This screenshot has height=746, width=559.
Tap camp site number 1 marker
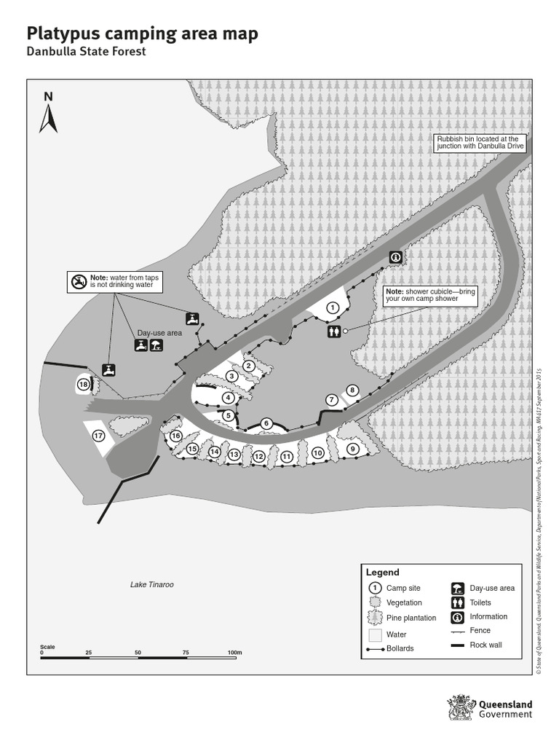point(333,308)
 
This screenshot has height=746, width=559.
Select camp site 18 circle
point(83,385)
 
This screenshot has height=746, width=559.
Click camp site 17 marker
point(98,436)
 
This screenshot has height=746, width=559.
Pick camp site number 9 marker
point(353,449)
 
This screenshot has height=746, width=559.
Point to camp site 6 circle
point(266,423)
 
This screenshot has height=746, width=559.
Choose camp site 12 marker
point(258,456)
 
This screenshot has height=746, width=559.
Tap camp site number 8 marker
point(352,390)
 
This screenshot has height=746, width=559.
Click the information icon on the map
point(395,256)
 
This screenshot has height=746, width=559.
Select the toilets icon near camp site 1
point(333,331)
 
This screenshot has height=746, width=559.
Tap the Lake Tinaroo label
point(152,584)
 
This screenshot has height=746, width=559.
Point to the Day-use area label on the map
point(159,333)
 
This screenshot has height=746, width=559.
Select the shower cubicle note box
point(429,295)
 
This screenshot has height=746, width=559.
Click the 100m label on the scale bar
point(234,651)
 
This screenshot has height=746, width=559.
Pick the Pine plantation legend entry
point(411,618)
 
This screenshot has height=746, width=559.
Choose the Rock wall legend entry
point(485,645)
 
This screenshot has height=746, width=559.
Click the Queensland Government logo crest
point(461,708)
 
